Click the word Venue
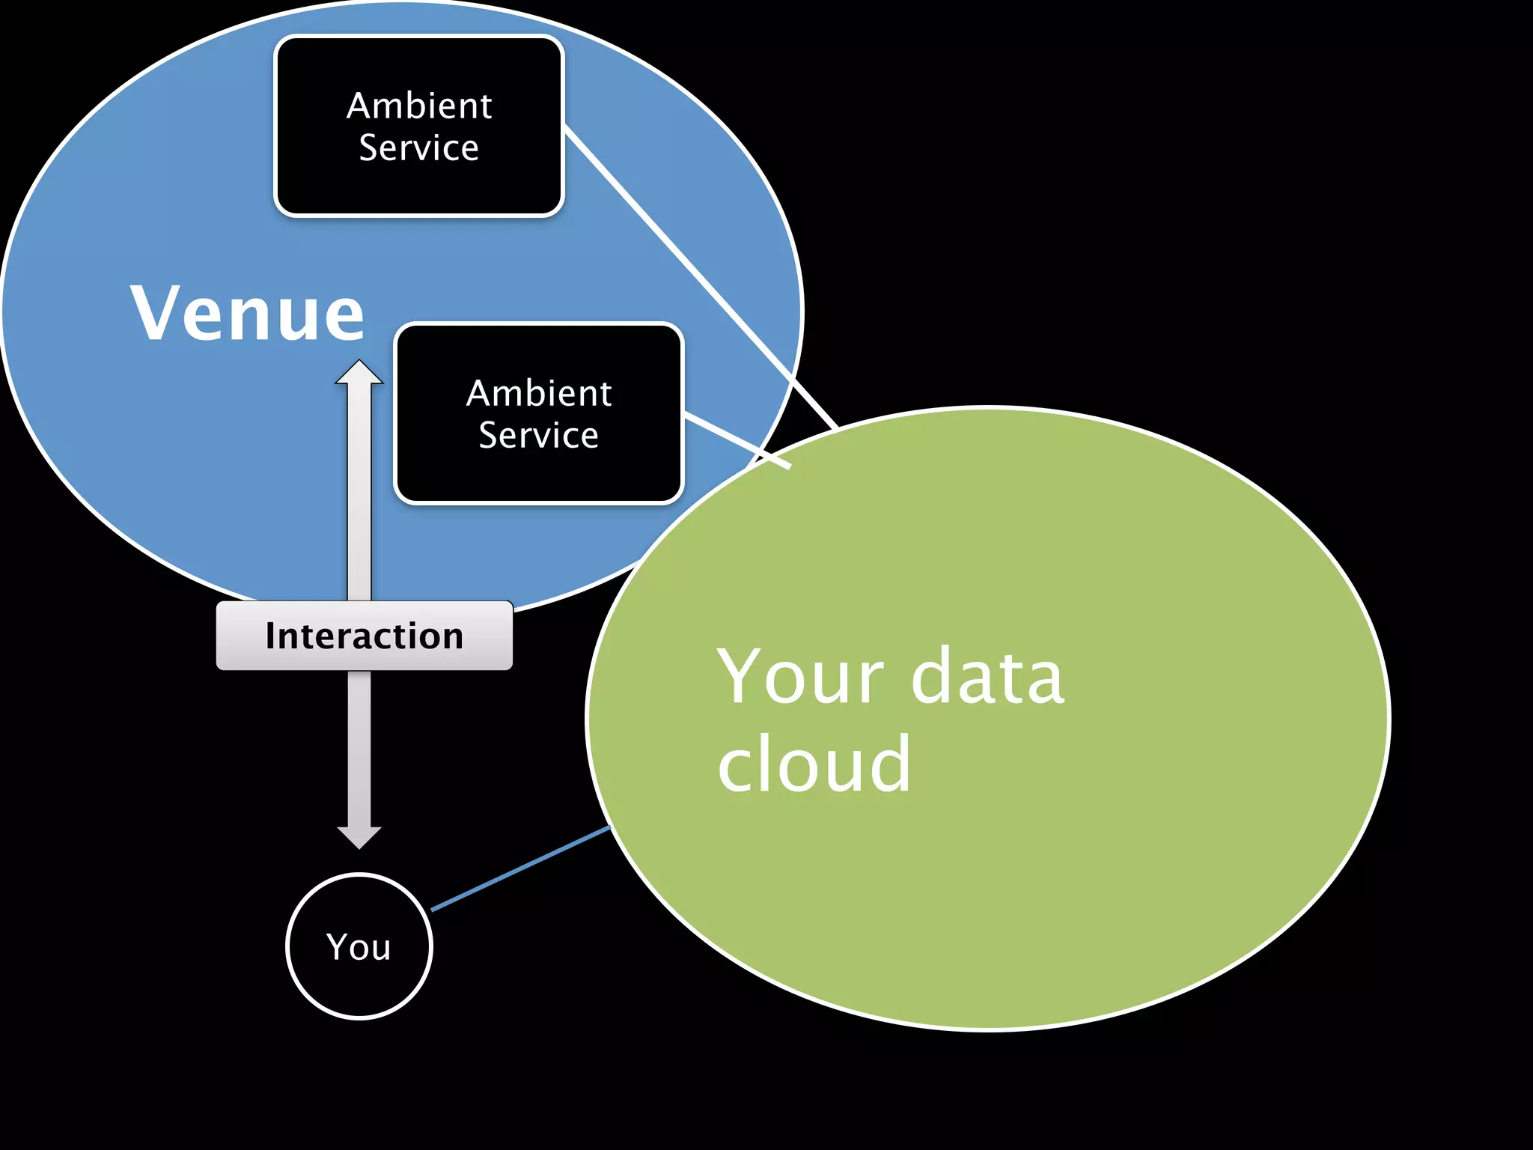(x=247, y=313)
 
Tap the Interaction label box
(x=364, y=636)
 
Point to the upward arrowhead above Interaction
(x=359, y=374)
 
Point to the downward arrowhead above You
(x=359, y=836)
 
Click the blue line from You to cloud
(x=520, y=868)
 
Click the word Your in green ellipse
(x=801, y=678)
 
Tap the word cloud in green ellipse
(x=814, y=764)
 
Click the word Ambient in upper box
(x=419, y=106)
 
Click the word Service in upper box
(x=419, y=147)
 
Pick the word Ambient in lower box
(x=539, y=394)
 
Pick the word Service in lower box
(x=539, y=435)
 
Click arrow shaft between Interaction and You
(x=359, y=749)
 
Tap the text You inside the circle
(x=359, y=947)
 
